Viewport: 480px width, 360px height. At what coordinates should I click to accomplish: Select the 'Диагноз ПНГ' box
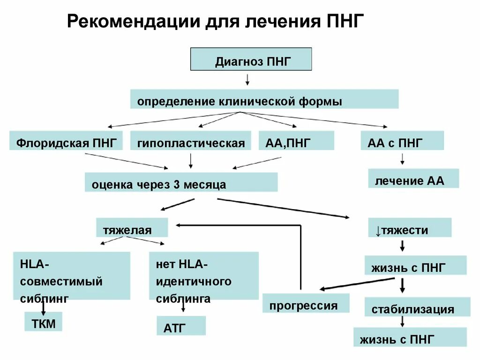coord(251,59)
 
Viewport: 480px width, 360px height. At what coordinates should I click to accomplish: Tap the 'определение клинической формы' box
coord(264,99)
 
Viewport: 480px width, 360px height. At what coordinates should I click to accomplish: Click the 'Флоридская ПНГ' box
coord(66,141)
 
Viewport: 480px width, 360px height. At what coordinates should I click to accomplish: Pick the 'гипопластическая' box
coord(191,141)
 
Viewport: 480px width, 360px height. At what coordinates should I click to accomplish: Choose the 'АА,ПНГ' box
coord(296,141)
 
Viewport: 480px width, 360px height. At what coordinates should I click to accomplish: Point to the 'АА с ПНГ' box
coord(402,141)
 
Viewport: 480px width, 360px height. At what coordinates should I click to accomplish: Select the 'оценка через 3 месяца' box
coord(181,182)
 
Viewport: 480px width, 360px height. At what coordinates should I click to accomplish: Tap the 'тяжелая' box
coord(132,227)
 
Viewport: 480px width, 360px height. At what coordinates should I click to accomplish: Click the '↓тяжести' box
coord(409,227)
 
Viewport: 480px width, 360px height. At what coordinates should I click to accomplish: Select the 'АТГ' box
coord(180,325)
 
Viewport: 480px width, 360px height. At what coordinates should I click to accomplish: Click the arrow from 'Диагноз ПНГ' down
coord(247,80)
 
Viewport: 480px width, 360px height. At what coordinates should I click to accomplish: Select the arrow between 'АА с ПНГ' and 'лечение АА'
coord(402,159)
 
